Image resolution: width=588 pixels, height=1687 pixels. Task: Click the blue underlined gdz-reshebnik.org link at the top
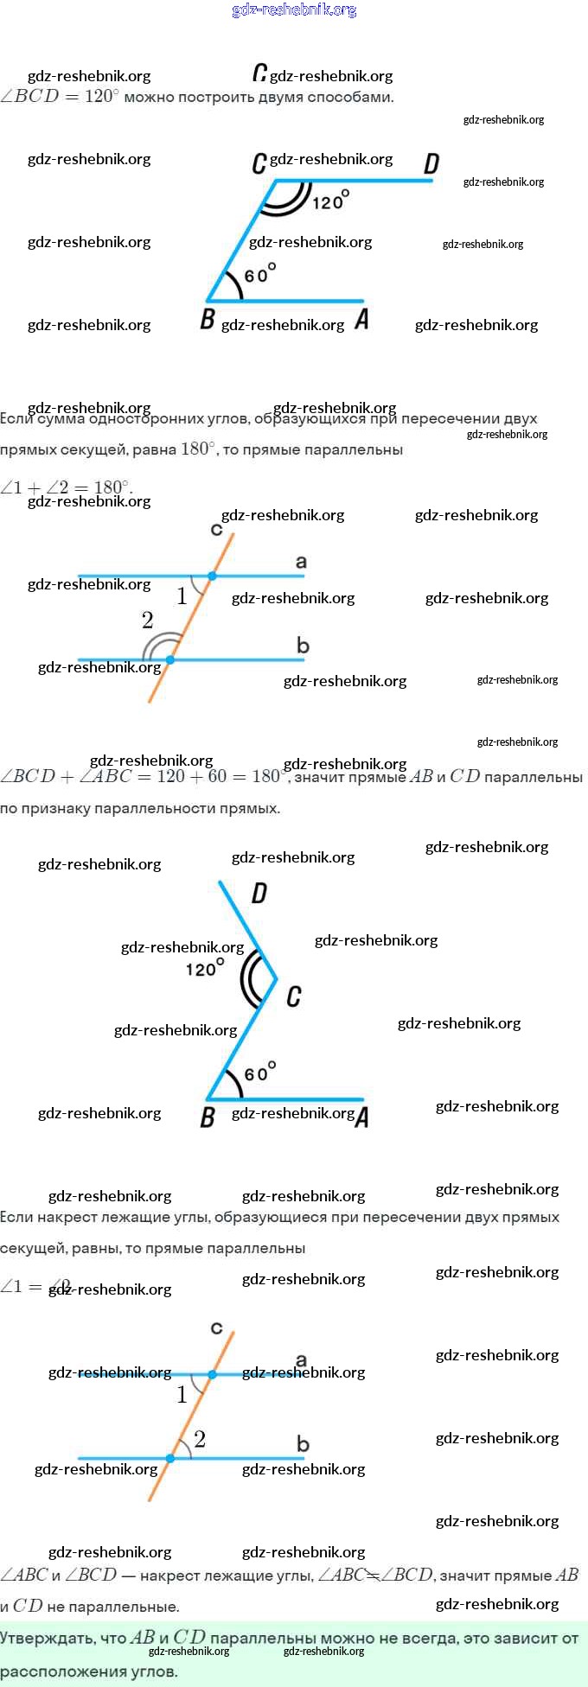pyautogui.click(x=294, y=10)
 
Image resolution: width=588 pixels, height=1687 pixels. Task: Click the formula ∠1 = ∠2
pyautogui.click(x=35, y=1286)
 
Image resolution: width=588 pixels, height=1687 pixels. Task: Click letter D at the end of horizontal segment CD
pyautogui.click(x=431, y=163)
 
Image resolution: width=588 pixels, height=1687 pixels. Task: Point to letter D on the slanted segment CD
pyautogui.click(x=259, y=893)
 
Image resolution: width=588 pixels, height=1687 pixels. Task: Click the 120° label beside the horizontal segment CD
pyautogui.click(x=330, y=201)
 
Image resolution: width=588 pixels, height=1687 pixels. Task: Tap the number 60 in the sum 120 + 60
pyautogui.click(x=217, y=776)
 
